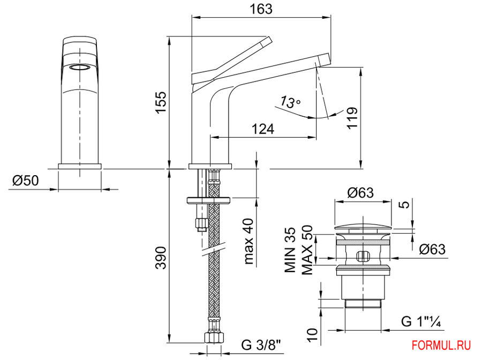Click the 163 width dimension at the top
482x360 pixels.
[261, 9]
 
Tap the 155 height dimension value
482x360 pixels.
[161, 102]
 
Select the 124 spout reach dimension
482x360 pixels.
[263, 129]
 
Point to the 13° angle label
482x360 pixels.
[290, 102]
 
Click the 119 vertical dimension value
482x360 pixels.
[352, 118]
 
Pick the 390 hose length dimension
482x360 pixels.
[161, 258]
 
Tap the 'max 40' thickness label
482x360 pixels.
[249, 241]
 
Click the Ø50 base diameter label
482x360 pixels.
[26, 181]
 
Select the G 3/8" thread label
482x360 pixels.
[261, 345]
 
